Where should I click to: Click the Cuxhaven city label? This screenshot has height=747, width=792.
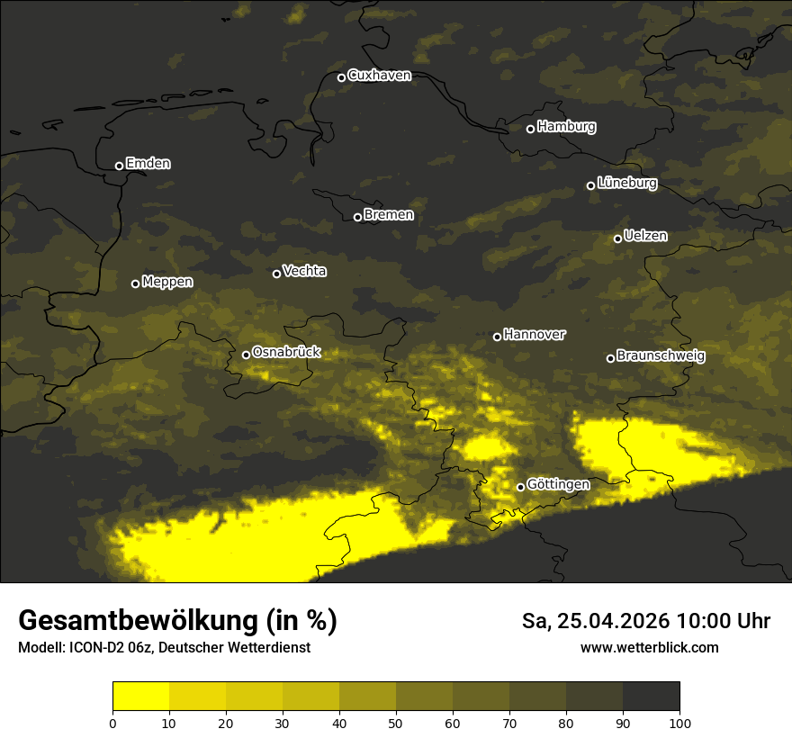tap(379, 76)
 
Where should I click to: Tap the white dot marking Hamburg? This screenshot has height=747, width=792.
tap(530, 129)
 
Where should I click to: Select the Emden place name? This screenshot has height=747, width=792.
tap(148, 164)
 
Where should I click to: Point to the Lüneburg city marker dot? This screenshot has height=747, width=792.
tap(590, 185)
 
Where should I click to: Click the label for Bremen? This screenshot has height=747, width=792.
tap(389, 215)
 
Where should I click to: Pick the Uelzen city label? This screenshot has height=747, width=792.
tap(645, 236)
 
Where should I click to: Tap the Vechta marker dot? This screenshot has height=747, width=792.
tap(276, 274)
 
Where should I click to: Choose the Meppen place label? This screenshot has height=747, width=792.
tap(167, 282)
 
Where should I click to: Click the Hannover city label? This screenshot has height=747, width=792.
tap(535, 335)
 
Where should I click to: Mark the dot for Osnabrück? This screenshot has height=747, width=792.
tap(246, 355)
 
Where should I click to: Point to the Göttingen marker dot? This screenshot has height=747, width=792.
tap(520, 487)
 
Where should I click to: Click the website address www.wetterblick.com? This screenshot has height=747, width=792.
tap(649, 647)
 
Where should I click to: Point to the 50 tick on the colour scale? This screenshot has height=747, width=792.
tap(396, 723)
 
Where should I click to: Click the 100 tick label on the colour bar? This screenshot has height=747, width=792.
tap(679, 723)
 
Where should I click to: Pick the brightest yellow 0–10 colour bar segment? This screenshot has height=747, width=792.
tap(140, 697)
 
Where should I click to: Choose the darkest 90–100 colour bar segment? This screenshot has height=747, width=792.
tap(651, 697)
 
